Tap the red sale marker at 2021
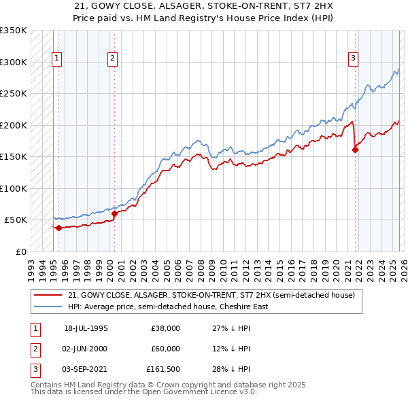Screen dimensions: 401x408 (x=356, y=150)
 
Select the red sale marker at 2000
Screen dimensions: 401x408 (x=114, y=213)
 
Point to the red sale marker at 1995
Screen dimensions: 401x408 (x=58, y=228)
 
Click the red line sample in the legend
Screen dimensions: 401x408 (x=48, y=295)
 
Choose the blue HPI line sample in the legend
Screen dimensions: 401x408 (x=48, y=307)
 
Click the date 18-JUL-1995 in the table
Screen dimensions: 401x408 (x=86, y=328)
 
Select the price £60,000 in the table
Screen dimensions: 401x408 (x=165, y=349)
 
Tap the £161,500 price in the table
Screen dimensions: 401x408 (x=163, y=369)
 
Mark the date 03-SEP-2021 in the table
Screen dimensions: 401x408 (x=86, y=369)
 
